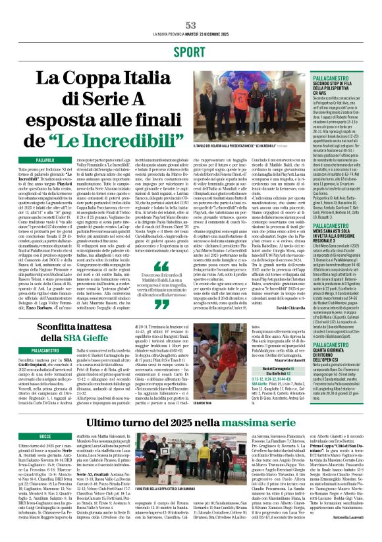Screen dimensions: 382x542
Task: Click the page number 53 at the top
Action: point(190,24)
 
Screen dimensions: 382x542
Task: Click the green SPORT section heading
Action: point(191,51)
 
